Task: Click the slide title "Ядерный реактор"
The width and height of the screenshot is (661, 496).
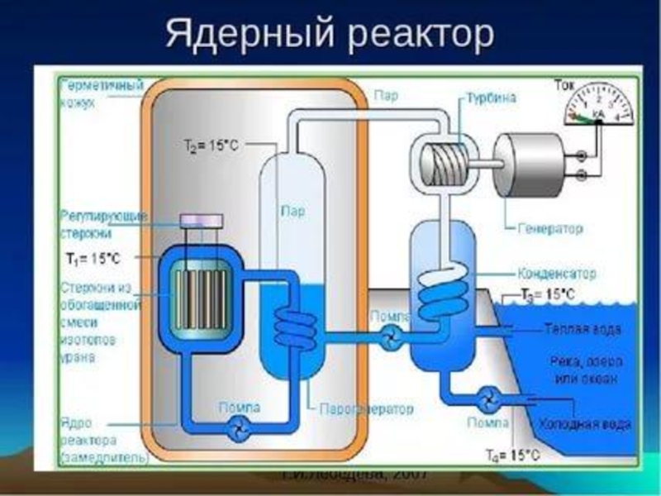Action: click(330, 35)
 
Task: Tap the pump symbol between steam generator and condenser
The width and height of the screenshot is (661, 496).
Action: click(391, 336)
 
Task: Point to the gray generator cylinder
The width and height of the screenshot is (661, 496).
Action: click(530, 165)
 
